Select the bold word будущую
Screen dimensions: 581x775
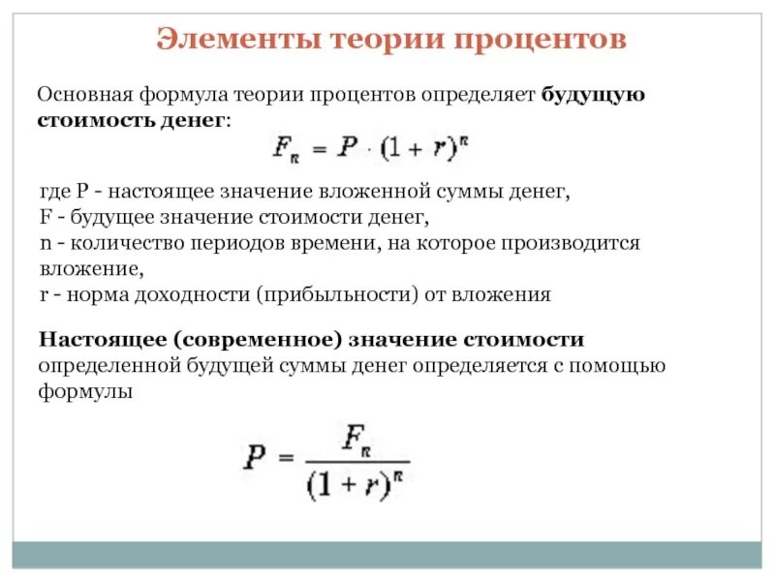(x=593, y=96)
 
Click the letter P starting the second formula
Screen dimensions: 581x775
(x=253, y=457)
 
